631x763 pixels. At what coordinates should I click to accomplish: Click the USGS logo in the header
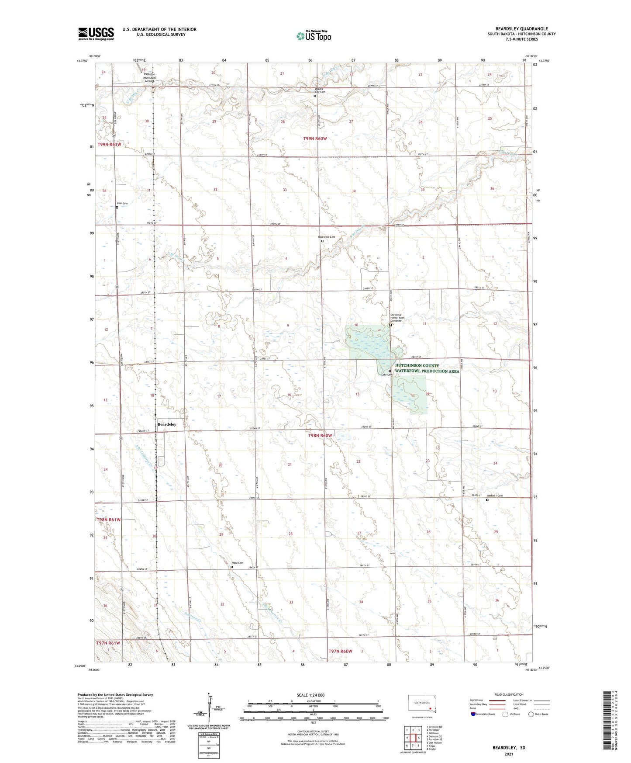point(96,34)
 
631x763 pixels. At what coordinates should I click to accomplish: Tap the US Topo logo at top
point(313,36)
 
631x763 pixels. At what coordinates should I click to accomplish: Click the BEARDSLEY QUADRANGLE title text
point(521,29)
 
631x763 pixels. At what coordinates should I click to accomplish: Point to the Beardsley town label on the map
point(167,424)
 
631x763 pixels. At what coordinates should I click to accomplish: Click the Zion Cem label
point(122,204)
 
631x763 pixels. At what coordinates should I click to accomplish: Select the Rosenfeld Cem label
point(327,237)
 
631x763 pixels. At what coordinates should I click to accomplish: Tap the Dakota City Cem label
point(320,90)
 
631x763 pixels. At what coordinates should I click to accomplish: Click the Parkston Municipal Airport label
point(149,77)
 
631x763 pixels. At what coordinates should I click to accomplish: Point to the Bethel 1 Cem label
point(495,496)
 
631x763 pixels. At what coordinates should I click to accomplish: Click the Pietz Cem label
point(238,563)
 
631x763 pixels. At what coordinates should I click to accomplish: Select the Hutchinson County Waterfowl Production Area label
point(427,368)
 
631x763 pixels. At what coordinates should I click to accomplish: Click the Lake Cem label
point(386,375)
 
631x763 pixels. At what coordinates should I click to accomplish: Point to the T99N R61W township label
point(109,145)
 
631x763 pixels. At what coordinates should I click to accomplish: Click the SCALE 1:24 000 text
point(310,695)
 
